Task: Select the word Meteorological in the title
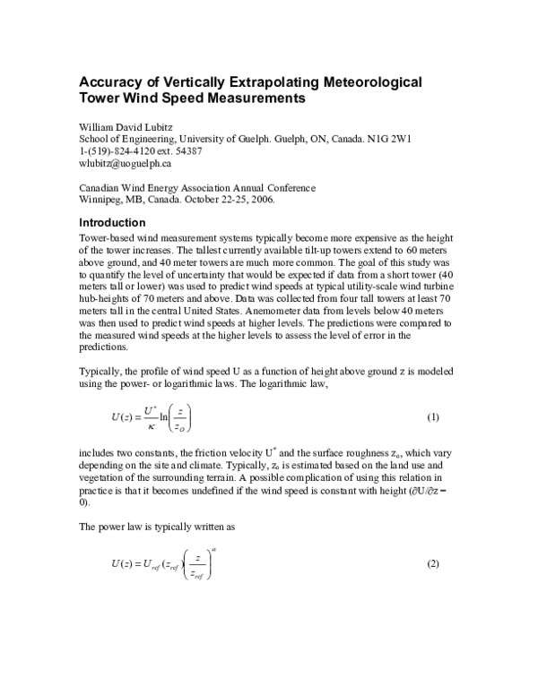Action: (x=361, y=82)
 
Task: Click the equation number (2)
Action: (x=432, y=563)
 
